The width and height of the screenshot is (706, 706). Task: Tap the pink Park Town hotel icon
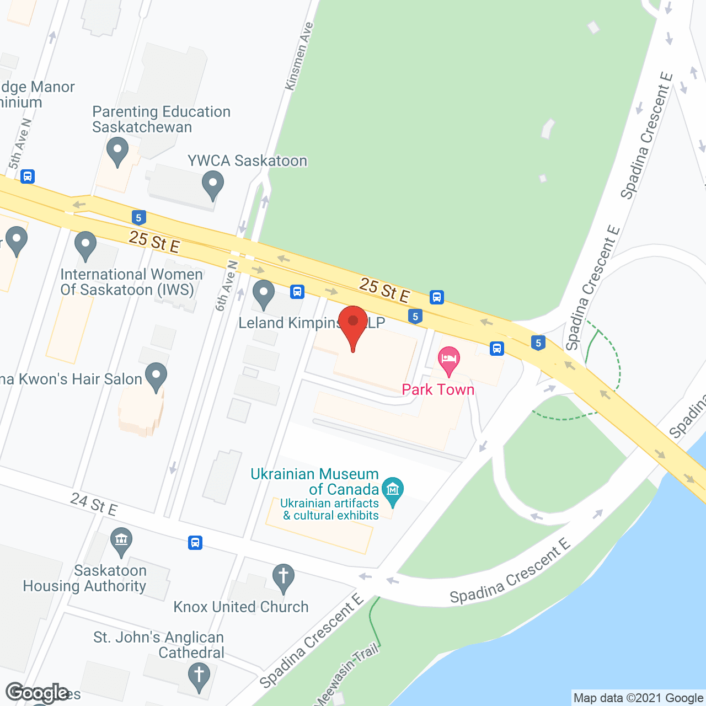click(449, 360)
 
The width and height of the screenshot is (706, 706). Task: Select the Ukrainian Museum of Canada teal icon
click(393, 490)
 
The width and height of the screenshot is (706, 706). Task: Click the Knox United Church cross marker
click(284, 577)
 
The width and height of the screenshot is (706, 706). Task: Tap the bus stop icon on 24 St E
click(195, 542)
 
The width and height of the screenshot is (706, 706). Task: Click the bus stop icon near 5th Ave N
click(28, 176)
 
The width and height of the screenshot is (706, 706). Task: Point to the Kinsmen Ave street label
click(299, 56)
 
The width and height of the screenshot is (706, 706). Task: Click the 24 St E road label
click(94, 504)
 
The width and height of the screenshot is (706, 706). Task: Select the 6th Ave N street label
click(226, 286)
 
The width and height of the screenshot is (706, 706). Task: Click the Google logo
click(38, 693)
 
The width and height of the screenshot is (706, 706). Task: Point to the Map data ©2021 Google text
click(638, 698)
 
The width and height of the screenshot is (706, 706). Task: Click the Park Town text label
click(438, 389)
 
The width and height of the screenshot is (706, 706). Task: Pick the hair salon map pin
click(156, 376)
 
